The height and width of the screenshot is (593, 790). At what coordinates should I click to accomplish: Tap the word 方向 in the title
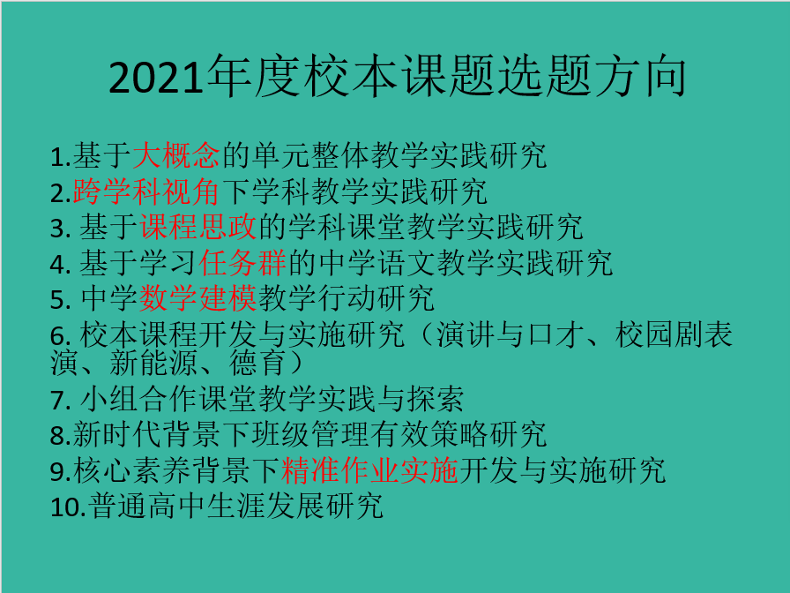click(640, 77)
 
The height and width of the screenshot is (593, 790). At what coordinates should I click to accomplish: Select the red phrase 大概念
click(175, 155)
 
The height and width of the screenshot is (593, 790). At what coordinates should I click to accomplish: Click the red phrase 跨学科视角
click(145, 191)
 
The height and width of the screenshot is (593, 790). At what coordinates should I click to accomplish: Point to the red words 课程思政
click(198, 227)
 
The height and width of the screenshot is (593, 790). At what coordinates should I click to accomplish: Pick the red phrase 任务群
click(242, 263)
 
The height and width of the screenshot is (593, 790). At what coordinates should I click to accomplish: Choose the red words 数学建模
click(198, 298)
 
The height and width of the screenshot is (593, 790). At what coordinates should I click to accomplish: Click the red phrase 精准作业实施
click(369, 470)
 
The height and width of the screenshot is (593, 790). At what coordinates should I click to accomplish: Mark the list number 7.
click(60, 401)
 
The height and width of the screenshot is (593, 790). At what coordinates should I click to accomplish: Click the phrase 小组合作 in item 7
click(139, 398)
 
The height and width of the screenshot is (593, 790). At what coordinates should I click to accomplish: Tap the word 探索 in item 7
click(436, 398)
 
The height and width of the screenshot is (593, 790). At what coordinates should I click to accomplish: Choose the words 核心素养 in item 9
click(131, 470)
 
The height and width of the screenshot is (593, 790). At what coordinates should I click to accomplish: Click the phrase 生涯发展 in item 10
click(265, 506)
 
